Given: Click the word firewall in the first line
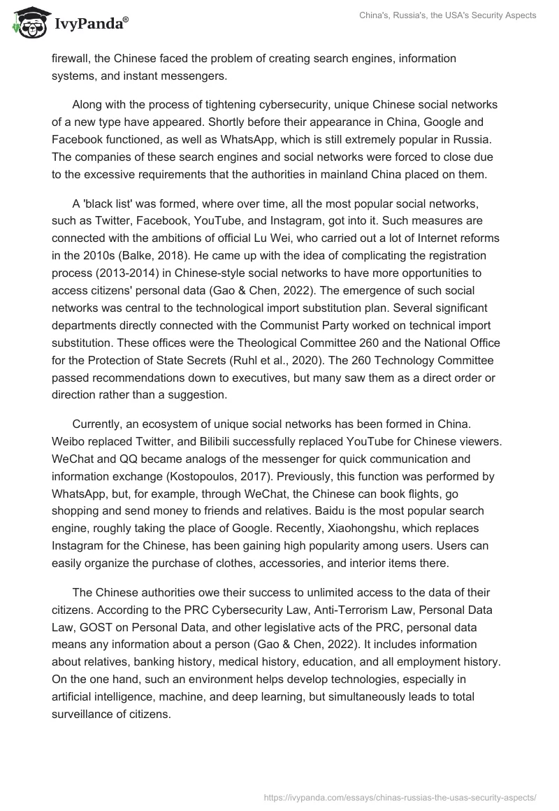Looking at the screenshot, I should coord(68,58).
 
